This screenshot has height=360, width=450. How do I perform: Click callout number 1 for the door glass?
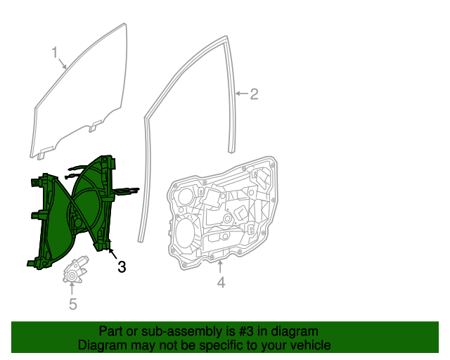coord(54,52)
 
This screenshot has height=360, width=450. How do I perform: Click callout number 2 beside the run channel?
coord(254,94)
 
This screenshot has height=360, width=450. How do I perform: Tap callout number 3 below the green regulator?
coord(122,266)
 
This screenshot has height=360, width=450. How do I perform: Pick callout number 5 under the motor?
coord(72,304)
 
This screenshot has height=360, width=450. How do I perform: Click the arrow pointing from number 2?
coord(241,94)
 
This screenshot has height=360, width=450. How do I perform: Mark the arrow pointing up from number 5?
coord(72,288)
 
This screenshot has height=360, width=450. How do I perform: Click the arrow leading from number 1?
coord(63,63)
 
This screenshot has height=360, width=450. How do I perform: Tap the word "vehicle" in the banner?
coord(310,346)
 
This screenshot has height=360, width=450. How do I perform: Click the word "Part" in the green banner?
coord(111,331)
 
